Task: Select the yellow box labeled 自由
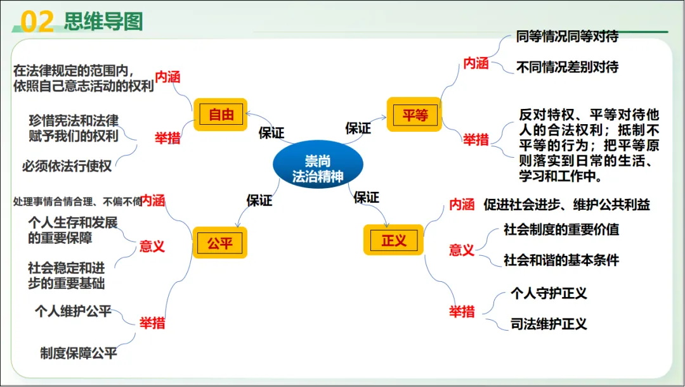(x=221, y=115)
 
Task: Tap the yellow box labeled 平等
(x=415, y=115)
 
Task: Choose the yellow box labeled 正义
(x=393, y=241)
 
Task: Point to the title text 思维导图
(x=103, y=22)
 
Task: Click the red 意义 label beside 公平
(x=152, y=246)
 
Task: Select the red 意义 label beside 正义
(x=462, y=250)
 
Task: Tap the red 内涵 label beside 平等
(x=476, y=63)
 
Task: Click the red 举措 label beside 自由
(x=167, y=138)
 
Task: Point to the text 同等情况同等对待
(x=567, y=37)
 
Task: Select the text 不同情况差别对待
(x=567, y=67)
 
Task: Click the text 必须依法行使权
(x=67, y=167)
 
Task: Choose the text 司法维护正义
(x=549, y=324)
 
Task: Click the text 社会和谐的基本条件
(x=561, y=260)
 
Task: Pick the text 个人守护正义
(x=549, y=294)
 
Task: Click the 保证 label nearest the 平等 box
(x=358, y=128)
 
